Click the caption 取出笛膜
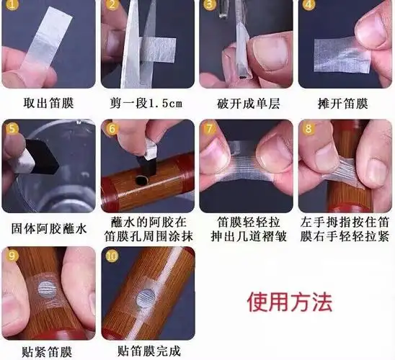pos(48,102)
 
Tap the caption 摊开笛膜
pos(344,102)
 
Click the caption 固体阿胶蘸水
pos(48,228)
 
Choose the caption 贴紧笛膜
pos(48,352)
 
